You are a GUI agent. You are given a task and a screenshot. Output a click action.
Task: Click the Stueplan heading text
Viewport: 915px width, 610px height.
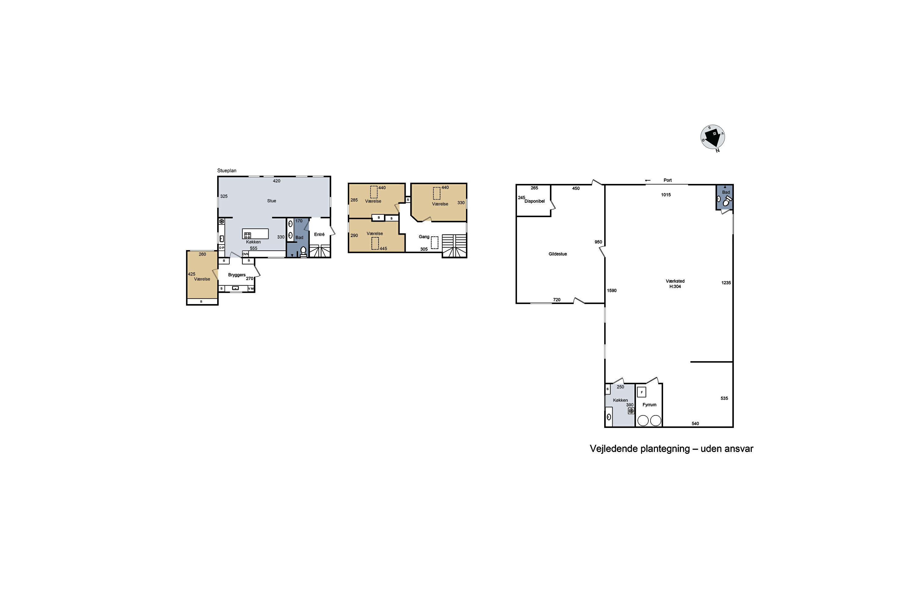pos(227,171)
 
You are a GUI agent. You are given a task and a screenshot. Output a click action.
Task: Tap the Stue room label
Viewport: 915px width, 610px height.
pos(271,201)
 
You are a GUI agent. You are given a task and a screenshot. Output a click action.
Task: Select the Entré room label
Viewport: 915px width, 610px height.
pos(319,235)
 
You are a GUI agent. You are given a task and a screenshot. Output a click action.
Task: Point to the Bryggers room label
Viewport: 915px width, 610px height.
pos(237,275)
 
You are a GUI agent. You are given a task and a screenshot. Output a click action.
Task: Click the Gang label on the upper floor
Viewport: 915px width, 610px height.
pos(424,237)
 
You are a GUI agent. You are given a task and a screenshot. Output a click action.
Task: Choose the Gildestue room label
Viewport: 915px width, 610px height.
pos(558,254)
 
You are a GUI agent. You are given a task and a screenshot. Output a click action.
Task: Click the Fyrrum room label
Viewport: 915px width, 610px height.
pos(649,405)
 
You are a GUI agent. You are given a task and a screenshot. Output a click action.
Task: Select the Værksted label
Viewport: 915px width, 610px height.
pos(675,281)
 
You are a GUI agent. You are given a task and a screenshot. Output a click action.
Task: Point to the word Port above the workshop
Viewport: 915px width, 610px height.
pos(668,181)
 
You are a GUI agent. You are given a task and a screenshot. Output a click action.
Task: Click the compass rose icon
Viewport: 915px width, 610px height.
pos(713,137)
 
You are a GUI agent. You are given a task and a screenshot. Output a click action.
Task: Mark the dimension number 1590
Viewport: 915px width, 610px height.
pos(612,291)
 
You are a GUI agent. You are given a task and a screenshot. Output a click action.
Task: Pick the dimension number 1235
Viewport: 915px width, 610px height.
pos(726,283)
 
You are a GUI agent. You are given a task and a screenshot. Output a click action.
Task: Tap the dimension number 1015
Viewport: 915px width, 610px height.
pos(666,195)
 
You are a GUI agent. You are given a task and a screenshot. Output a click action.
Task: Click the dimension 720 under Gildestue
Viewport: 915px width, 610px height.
pos(557,300)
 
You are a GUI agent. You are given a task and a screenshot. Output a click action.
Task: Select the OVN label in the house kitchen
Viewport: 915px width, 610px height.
pos(246,254)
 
